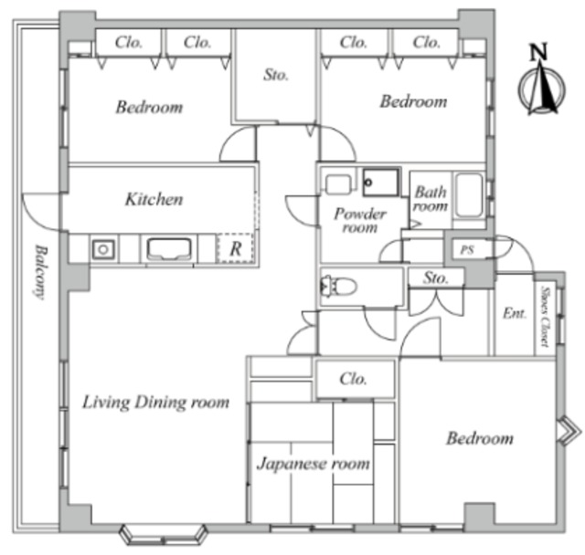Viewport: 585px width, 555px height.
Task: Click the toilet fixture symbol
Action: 338,287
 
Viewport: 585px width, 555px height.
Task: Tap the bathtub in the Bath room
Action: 469,195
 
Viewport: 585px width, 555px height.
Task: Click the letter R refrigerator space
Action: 236,248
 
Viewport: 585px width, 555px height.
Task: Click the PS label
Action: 467,250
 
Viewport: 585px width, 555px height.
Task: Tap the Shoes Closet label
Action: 547,316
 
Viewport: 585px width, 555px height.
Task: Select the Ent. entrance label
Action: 514,313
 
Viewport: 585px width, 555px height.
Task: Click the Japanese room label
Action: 314,464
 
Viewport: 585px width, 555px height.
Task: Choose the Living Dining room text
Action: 155,403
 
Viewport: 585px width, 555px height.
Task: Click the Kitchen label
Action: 154,199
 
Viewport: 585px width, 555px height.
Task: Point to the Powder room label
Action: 360,221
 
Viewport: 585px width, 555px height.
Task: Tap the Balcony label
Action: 39,272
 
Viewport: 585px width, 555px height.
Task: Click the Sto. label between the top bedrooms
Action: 276,75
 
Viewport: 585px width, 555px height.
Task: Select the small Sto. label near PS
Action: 435,277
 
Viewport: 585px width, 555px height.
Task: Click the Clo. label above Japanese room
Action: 353,379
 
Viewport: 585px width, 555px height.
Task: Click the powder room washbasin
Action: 338,184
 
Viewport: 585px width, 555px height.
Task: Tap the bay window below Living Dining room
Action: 163,534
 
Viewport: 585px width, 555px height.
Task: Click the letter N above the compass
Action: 539,51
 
